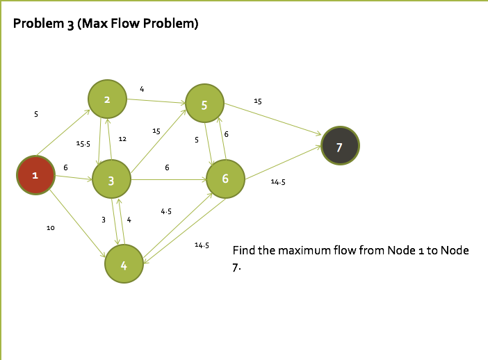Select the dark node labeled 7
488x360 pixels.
tap(340, 147)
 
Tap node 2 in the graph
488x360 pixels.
tap(107, 99)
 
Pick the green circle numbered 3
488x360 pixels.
tap(111, 179)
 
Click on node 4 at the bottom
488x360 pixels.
tap(124, 264)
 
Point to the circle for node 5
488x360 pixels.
tap(204, 105)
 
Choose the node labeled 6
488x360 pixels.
tap(225, 179)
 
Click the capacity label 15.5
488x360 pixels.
tap(83, 144)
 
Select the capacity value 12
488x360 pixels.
tap(122, 139)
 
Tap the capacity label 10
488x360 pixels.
tap(50, 228)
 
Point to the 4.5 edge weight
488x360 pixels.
tap(166, 211)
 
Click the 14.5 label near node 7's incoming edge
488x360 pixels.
tap(278, 182)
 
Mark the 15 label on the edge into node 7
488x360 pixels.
tap(258, 101)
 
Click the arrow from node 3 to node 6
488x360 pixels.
tap(168, 179)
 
